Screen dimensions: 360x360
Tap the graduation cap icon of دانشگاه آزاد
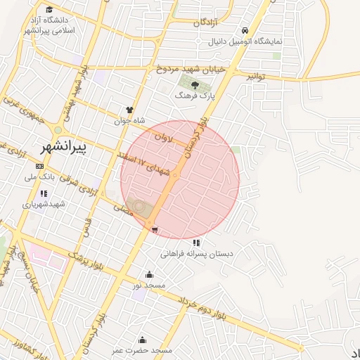pos(49,10)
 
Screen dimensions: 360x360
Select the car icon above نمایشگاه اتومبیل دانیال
pos(244,31)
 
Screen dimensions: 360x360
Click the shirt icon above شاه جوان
pos(129,110)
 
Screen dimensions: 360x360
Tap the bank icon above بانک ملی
pos(39,167)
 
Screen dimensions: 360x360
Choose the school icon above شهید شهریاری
pos(44,193)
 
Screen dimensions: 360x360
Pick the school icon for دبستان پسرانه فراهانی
pos(196,243)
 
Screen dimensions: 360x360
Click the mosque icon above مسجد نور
pos(149,275)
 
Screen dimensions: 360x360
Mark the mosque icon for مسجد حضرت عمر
pos(143,340)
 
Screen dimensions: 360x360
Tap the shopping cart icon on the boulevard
pos(154,229)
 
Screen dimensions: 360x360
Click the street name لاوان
pos(161,139)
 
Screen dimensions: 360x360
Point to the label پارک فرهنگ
pos(194,94)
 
